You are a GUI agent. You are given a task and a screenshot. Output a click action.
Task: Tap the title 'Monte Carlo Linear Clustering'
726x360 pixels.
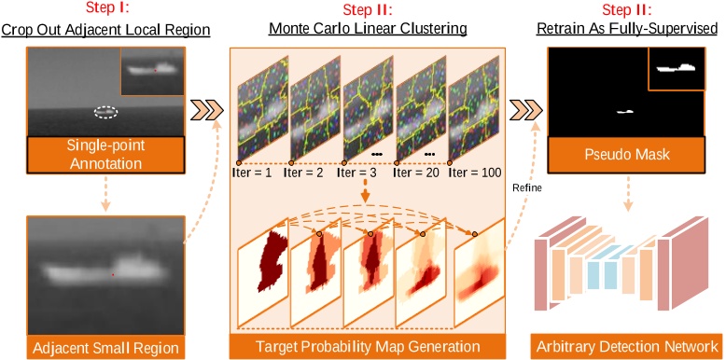click(369, 31)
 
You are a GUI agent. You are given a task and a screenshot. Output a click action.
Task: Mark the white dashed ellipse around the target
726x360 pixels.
click(106, 112)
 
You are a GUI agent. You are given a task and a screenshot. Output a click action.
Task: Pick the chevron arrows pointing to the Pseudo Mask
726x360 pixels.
click(524, 111)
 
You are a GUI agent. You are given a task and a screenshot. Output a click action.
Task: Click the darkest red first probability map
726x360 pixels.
click(276, 263)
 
